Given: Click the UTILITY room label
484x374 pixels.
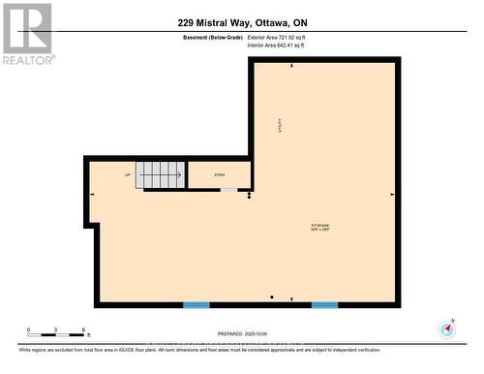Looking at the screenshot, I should (281, 139).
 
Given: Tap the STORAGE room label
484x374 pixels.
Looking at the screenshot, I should (320, 225).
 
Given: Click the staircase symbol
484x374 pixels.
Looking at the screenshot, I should (160, 174).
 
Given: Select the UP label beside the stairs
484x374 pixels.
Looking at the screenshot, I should (127, 175).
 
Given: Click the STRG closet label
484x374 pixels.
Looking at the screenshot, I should (219, 175).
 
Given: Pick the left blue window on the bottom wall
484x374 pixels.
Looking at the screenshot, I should (197, 305).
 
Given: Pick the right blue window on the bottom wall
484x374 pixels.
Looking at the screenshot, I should (324, 305).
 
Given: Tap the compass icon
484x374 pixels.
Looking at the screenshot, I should (446, 329).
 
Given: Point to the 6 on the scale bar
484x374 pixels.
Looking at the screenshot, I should (85, 329).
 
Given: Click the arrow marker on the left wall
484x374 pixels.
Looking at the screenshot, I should (93, 195).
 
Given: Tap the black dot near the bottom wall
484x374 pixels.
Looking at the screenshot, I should (272, 296).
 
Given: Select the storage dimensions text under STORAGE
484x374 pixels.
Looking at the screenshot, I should (320, 231).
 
